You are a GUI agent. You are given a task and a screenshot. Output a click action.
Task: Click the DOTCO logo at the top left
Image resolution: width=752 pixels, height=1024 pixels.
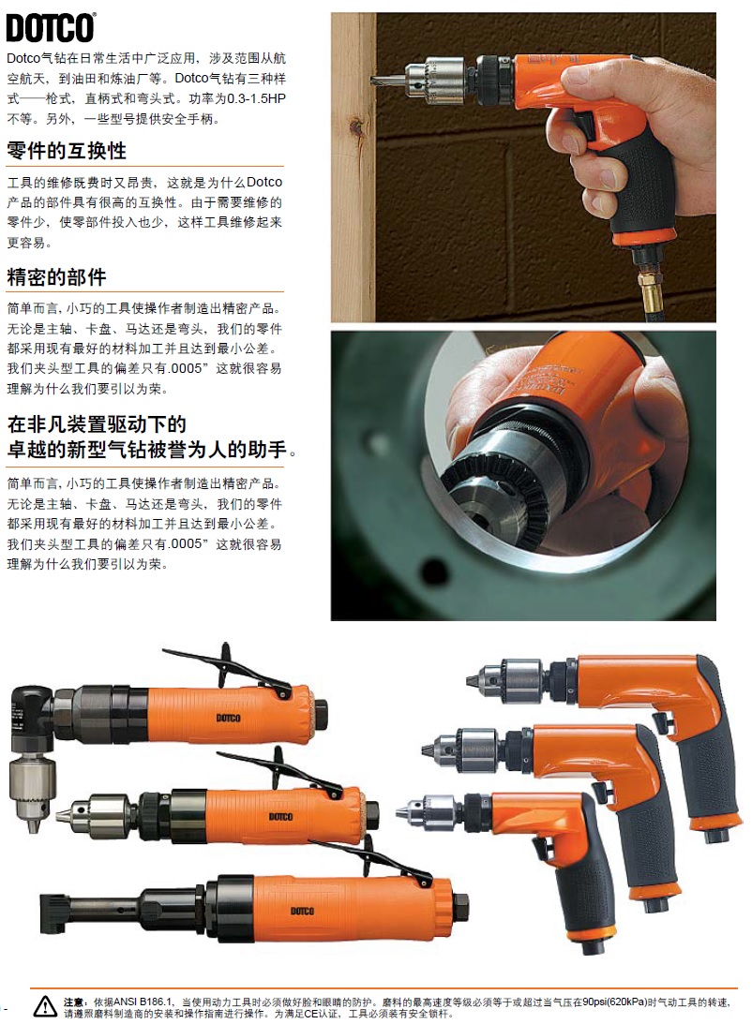(x=50, y=29)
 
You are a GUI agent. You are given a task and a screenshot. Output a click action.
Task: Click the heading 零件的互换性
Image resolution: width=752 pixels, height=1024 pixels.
(x=67, y=151)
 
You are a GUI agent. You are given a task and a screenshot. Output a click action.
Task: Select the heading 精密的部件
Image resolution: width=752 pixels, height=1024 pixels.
(x=57, y=277)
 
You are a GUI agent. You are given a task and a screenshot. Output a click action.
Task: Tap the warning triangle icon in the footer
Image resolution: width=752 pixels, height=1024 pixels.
(x=45, y=1005)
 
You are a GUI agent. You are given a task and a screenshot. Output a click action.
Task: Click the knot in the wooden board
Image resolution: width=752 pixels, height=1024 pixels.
(x=358, y=127)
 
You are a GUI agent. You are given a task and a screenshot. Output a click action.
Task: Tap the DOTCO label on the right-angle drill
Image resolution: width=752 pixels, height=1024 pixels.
(x=228, y=718)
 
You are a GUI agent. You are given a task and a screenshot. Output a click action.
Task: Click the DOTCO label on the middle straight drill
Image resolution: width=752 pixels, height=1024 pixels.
(x=281, y=816)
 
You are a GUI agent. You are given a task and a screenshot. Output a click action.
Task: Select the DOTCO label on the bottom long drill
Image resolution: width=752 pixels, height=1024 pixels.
(x=302, y=911)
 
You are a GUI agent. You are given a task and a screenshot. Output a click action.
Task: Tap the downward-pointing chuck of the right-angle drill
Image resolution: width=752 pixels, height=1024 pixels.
(x=31, y=794)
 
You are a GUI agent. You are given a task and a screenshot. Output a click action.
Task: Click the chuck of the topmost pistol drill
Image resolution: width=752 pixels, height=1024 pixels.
(x=508, y=676)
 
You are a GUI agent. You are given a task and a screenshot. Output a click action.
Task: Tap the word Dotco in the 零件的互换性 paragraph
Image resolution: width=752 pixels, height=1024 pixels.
(x=264, y=182)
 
